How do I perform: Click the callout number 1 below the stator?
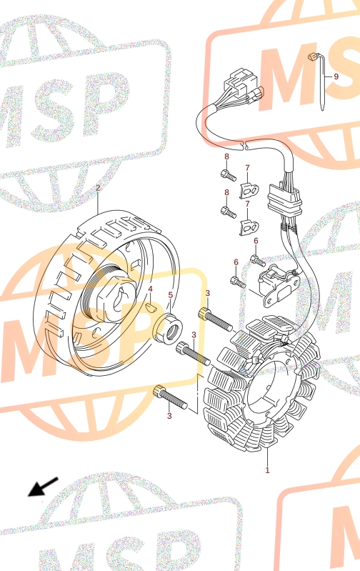point(267,470)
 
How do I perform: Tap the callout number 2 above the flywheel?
point(98,188)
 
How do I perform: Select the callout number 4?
point(150,289)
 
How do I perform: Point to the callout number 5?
point(171,295)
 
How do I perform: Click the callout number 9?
point(336,76)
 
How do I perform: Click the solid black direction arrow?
point(43,487)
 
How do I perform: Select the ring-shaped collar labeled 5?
point(168,327)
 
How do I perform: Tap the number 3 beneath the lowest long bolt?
point(169,416)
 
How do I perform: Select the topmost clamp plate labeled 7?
point(249,191)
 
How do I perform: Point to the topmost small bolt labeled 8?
point(229,175)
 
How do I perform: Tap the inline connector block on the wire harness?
point(283,199)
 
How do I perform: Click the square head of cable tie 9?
point(312,56)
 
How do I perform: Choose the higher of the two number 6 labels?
point(256,241)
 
